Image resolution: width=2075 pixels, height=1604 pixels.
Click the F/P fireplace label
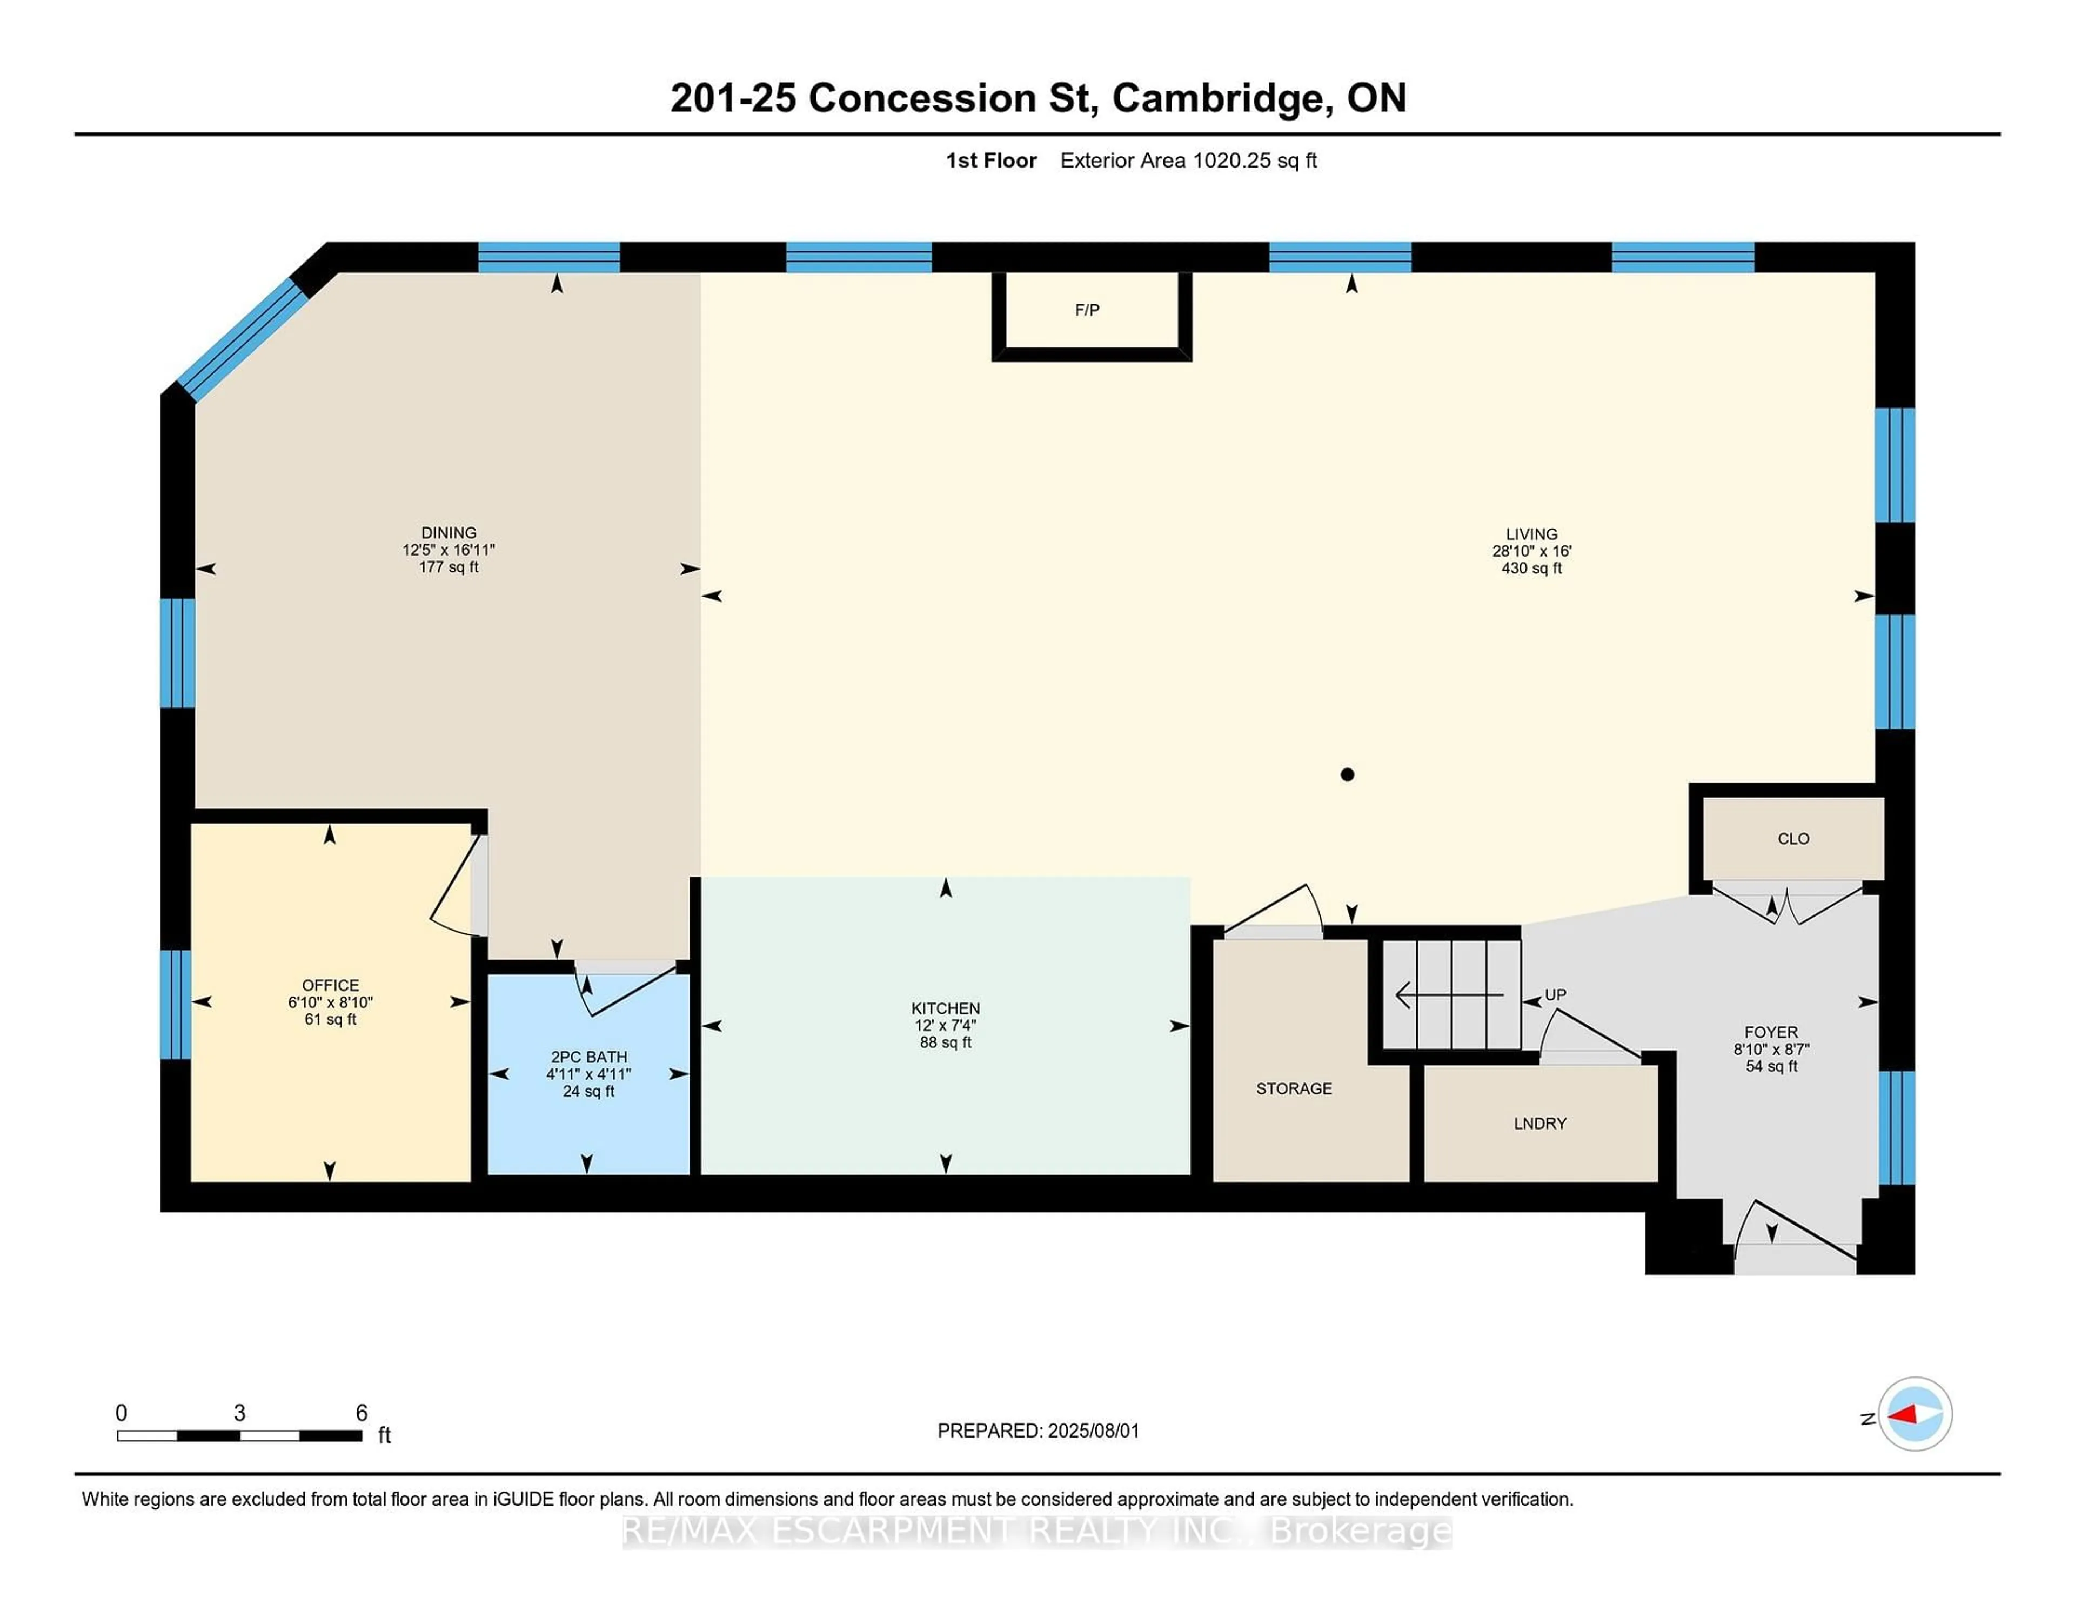click(1087, 310)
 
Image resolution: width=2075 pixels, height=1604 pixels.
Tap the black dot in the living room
click(1346, 774)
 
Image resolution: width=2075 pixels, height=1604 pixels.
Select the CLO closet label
click(1793, 838)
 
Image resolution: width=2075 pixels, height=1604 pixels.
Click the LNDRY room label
click(1539, 1123)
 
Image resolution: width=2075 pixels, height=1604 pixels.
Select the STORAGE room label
click(1293, 1088)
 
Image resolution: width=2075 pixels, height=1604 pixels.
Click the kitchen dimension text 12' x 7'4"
click(945, 1025)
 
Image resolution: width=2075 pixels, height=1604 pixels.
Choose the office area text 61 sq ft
click(330, 1020)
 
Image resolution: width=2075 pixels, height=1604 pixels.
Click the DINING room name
click(449, 532)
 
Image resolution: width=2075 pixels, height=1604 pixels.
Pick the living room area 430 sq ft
click(1531, 568)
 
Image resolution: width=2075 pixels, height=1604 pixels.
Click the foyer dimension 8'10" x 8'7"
click(1771, 1049)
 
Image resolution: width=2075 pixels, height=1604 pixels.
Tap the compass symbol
click(1915, 1414)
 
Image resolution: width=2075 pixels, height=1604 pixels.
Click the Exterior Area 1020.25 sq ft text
click(1188, 161)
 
